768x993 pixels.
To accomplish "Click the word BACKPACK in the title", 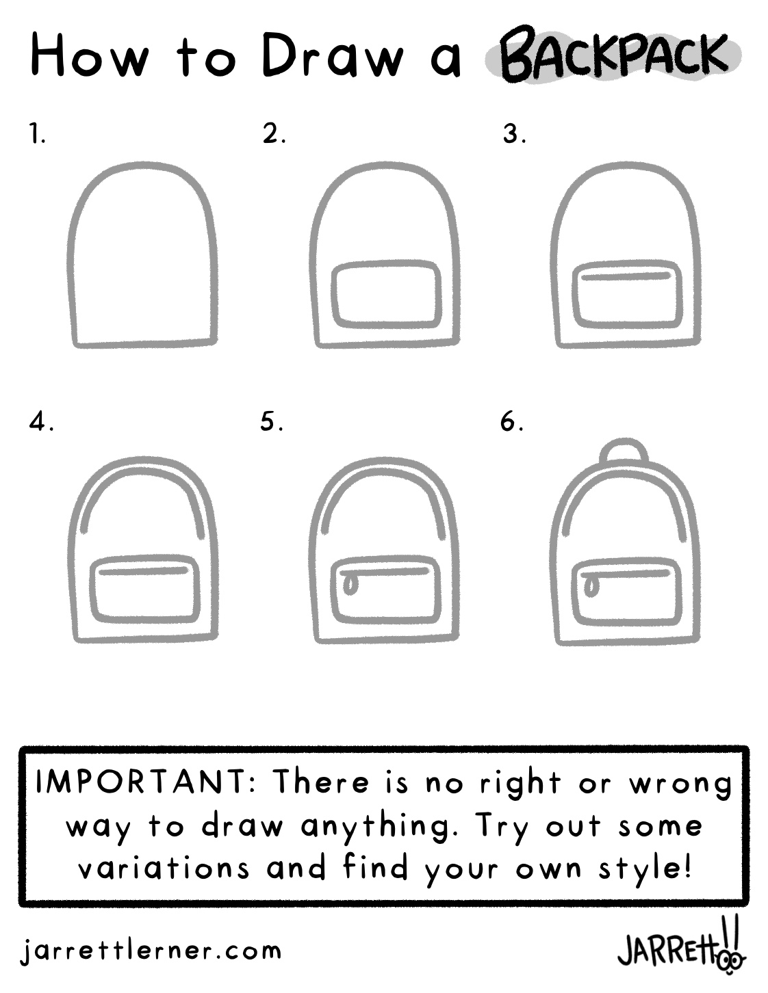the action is (x=613, y=58).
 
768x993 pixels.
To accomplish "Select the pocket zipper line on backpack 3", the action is (x=624, y=276).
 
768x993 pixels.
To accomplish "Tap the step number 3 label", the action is (x=514, y=134).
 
